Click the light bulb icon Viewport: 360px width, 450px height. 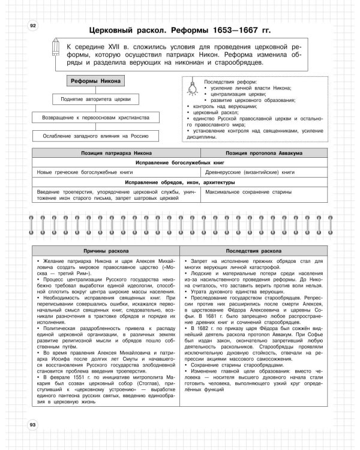pos(193,85)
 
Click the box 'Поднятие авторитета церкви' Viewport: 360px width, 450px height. pos(97,98)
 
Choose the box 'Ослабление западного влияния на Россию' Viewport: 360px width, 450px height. pos(97,136)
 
